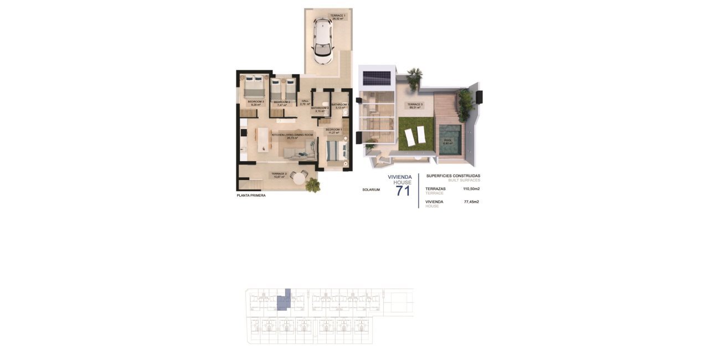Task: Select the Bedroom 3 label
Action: click(x=255, y=103)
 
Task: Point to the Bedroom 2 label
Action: click(x=281, y=103)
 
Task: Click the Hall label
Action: click(x=304, y=102)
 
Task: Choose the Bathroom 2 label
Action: click(x=320, y=109)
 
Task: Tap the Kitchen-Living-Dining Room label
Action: click(x=292, y=136)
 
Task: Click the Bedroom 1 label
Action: click(x=333, y=131)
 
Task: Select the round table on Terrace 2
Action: click(x=300, y=178)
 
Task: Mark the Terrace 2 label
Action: click(x=278, y=175)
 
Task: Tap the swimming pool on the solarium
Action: click(x=449, y=140)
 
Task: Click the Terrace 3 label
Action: click(x=415, y=106)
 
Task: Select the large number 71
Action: click(x=403, y=192)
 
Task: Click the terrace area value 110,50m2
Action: click(x=471, y=189)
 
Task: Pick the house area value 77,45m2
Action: click(x=471, y=202)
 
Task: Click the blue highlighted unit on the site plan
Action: click(x=284, y=301)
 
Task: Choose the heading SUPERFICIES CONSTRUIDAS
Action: click(x=452, y=176)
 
